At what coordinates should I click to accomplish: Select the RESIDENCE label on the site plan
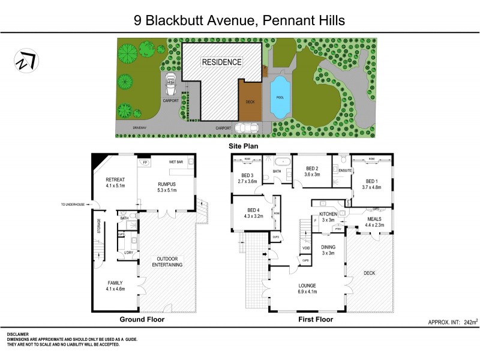221,62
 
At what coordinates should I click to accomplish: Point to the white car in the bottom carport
247,127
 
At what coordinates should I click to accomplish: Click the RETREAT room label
115,179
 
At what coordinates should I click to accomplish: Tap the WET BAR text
176,162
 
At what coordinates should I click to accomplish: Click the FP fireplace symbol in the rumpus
145,162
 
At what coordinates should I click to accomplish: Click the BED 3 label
247,175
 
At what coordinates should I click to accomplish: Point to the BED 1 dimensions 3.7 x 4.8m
372,187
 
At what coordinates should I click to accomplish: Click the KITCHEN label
328,214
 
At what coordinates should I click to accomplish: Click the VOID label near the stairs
306,248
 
